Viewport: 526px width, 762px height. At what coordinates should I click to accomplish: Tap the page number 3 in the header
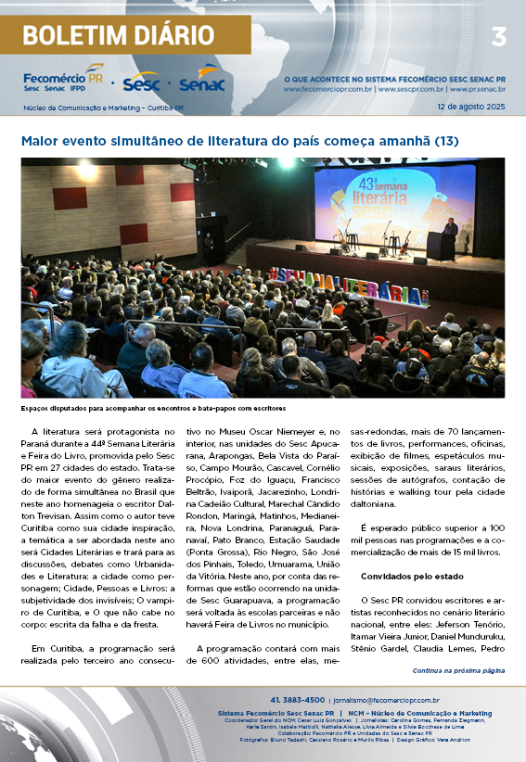[498, 37]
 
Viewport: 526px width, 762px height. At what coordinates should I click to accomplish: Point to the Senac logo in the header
[200, 83]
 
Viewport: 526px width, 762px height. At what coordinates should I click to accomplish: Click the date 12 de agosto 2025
[470, 108]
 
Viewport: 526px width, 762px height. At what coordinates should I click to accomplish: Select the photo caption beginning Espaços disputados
[152, 408]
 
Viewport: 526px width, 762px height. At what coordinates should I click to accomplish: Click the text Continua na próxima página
[458, 669]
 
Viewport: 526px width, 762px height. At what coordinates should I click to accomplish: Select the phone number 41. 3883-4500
[297, 700]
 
